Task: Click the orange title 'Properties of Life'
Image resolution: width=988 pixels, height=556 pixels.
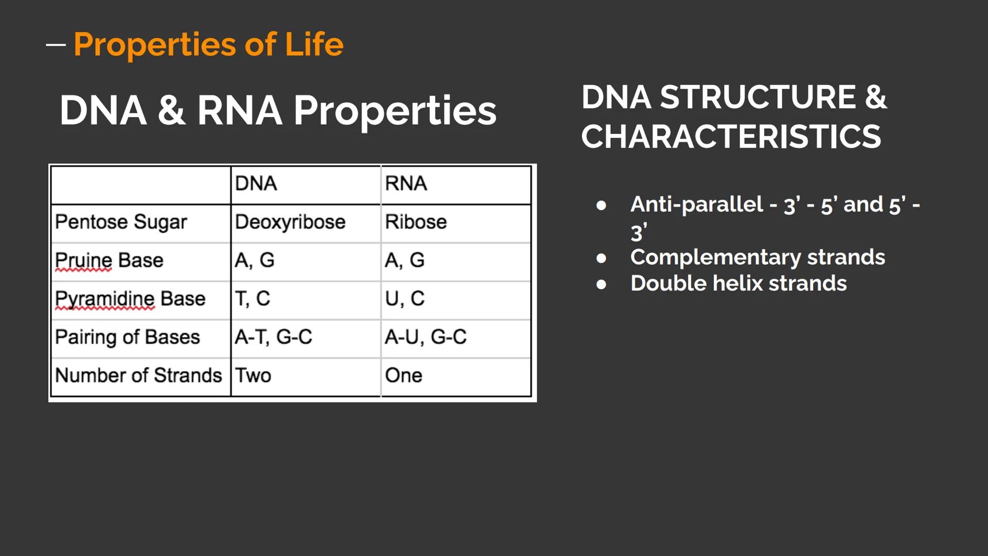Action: [x=208, y=45]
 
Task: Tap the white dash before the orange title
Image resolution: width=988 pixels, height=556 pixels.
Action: [x=56, y=45]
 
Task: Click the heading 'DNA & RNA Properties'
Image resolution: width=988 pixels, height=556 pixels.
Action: [x=278, y=110]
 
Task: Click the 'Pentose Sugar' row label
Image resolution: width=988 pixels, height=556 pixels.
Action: [x=121, y=222]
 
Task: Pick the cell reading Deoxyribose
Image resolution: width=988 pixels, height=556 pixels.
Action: [x=290, y=222]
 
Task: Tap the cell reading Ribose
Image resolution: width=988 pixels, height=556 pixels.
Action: [x=416, y=222]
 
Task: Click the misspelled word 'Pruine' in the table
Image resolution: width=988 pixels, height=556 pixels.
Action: [x=83, y=260]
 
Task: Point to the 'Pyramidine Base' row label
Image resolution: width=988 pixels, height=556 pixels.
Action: [x=130, y=299]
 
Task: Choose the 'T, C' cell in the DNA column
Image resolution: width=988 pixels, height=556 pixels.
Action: [x=252, y=299]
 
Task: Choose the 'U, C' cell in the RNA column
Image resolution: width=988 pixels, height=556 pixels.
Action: [x=404, y=299]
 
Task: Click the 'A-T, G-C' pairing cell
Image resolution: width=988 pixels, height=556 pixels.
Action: [x=273, y=337]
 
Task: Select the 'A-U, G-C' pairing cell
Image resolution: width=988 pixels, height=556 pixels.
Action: [x=426, y=337]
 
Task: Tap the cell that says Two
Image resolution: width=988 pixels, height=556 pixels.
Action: [x=253, y=376]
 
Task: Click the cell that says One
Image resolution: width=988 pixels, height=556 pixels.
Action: [x=403, y=376]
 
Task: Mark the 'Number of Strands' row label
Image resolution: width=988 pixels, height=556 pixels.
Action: [x=138, y=376]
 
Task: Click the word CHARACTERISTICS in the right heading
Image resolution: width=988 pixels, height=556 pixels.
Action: [x=731, y=137]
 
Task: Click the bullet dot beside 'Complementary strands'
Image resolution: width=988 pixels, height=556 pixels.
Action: [x=601, y=258]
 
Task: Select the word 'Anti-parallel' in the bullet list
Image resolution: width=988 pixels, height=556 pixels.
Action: [x=696, y=204]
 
